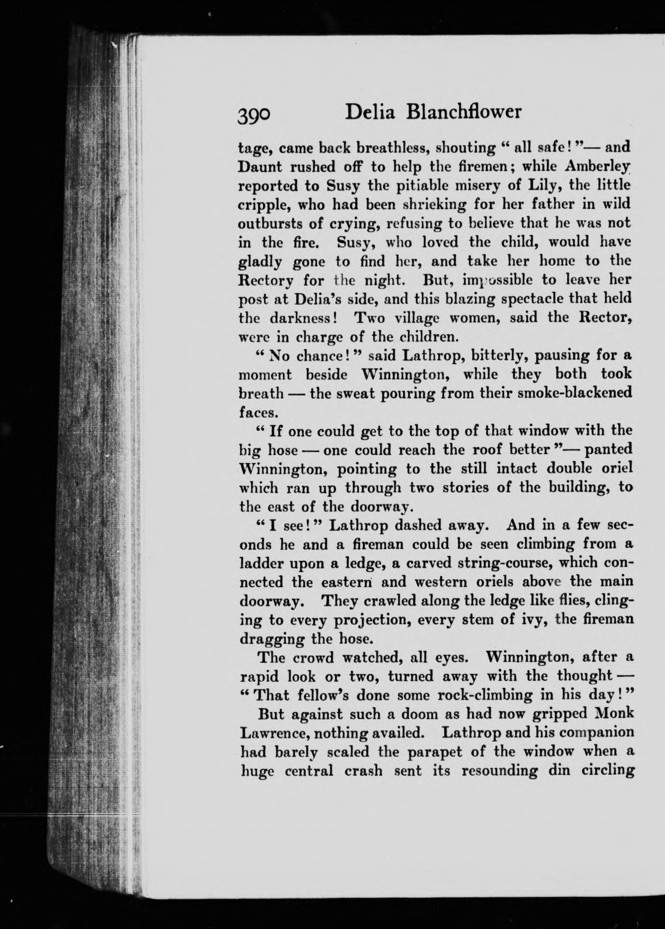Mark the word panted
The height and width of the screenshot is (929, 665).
[x=608, y=450]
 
